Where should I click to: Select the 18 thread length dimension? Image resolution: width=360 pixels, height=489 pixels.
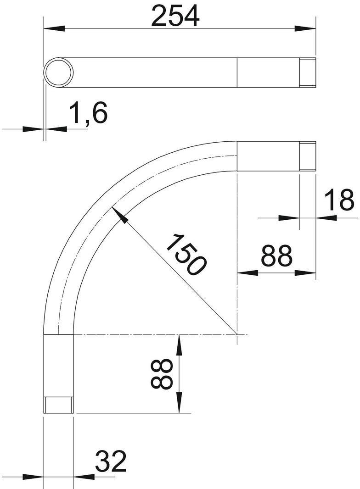pyautogui.click(x=339, y=200)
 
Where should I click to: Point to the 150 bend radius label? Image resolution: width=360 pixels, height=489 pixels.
pyautogui.click(x=186, y=254)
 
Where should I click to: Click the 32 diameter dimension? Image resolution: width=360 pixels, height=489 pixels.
pyautogui.click(x=110, y=462)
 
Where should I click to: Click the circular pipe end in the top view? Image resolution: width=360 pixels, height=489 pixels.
pyautogui.click(x=59, y=73)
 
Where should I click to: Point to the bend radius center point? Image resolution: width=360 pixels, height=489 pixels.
pyautogui.click(x=237, y=335)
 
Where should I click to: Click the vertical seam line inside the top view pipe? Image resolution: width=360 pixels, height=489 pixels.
pyautogui.click(x=237, y=73)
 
